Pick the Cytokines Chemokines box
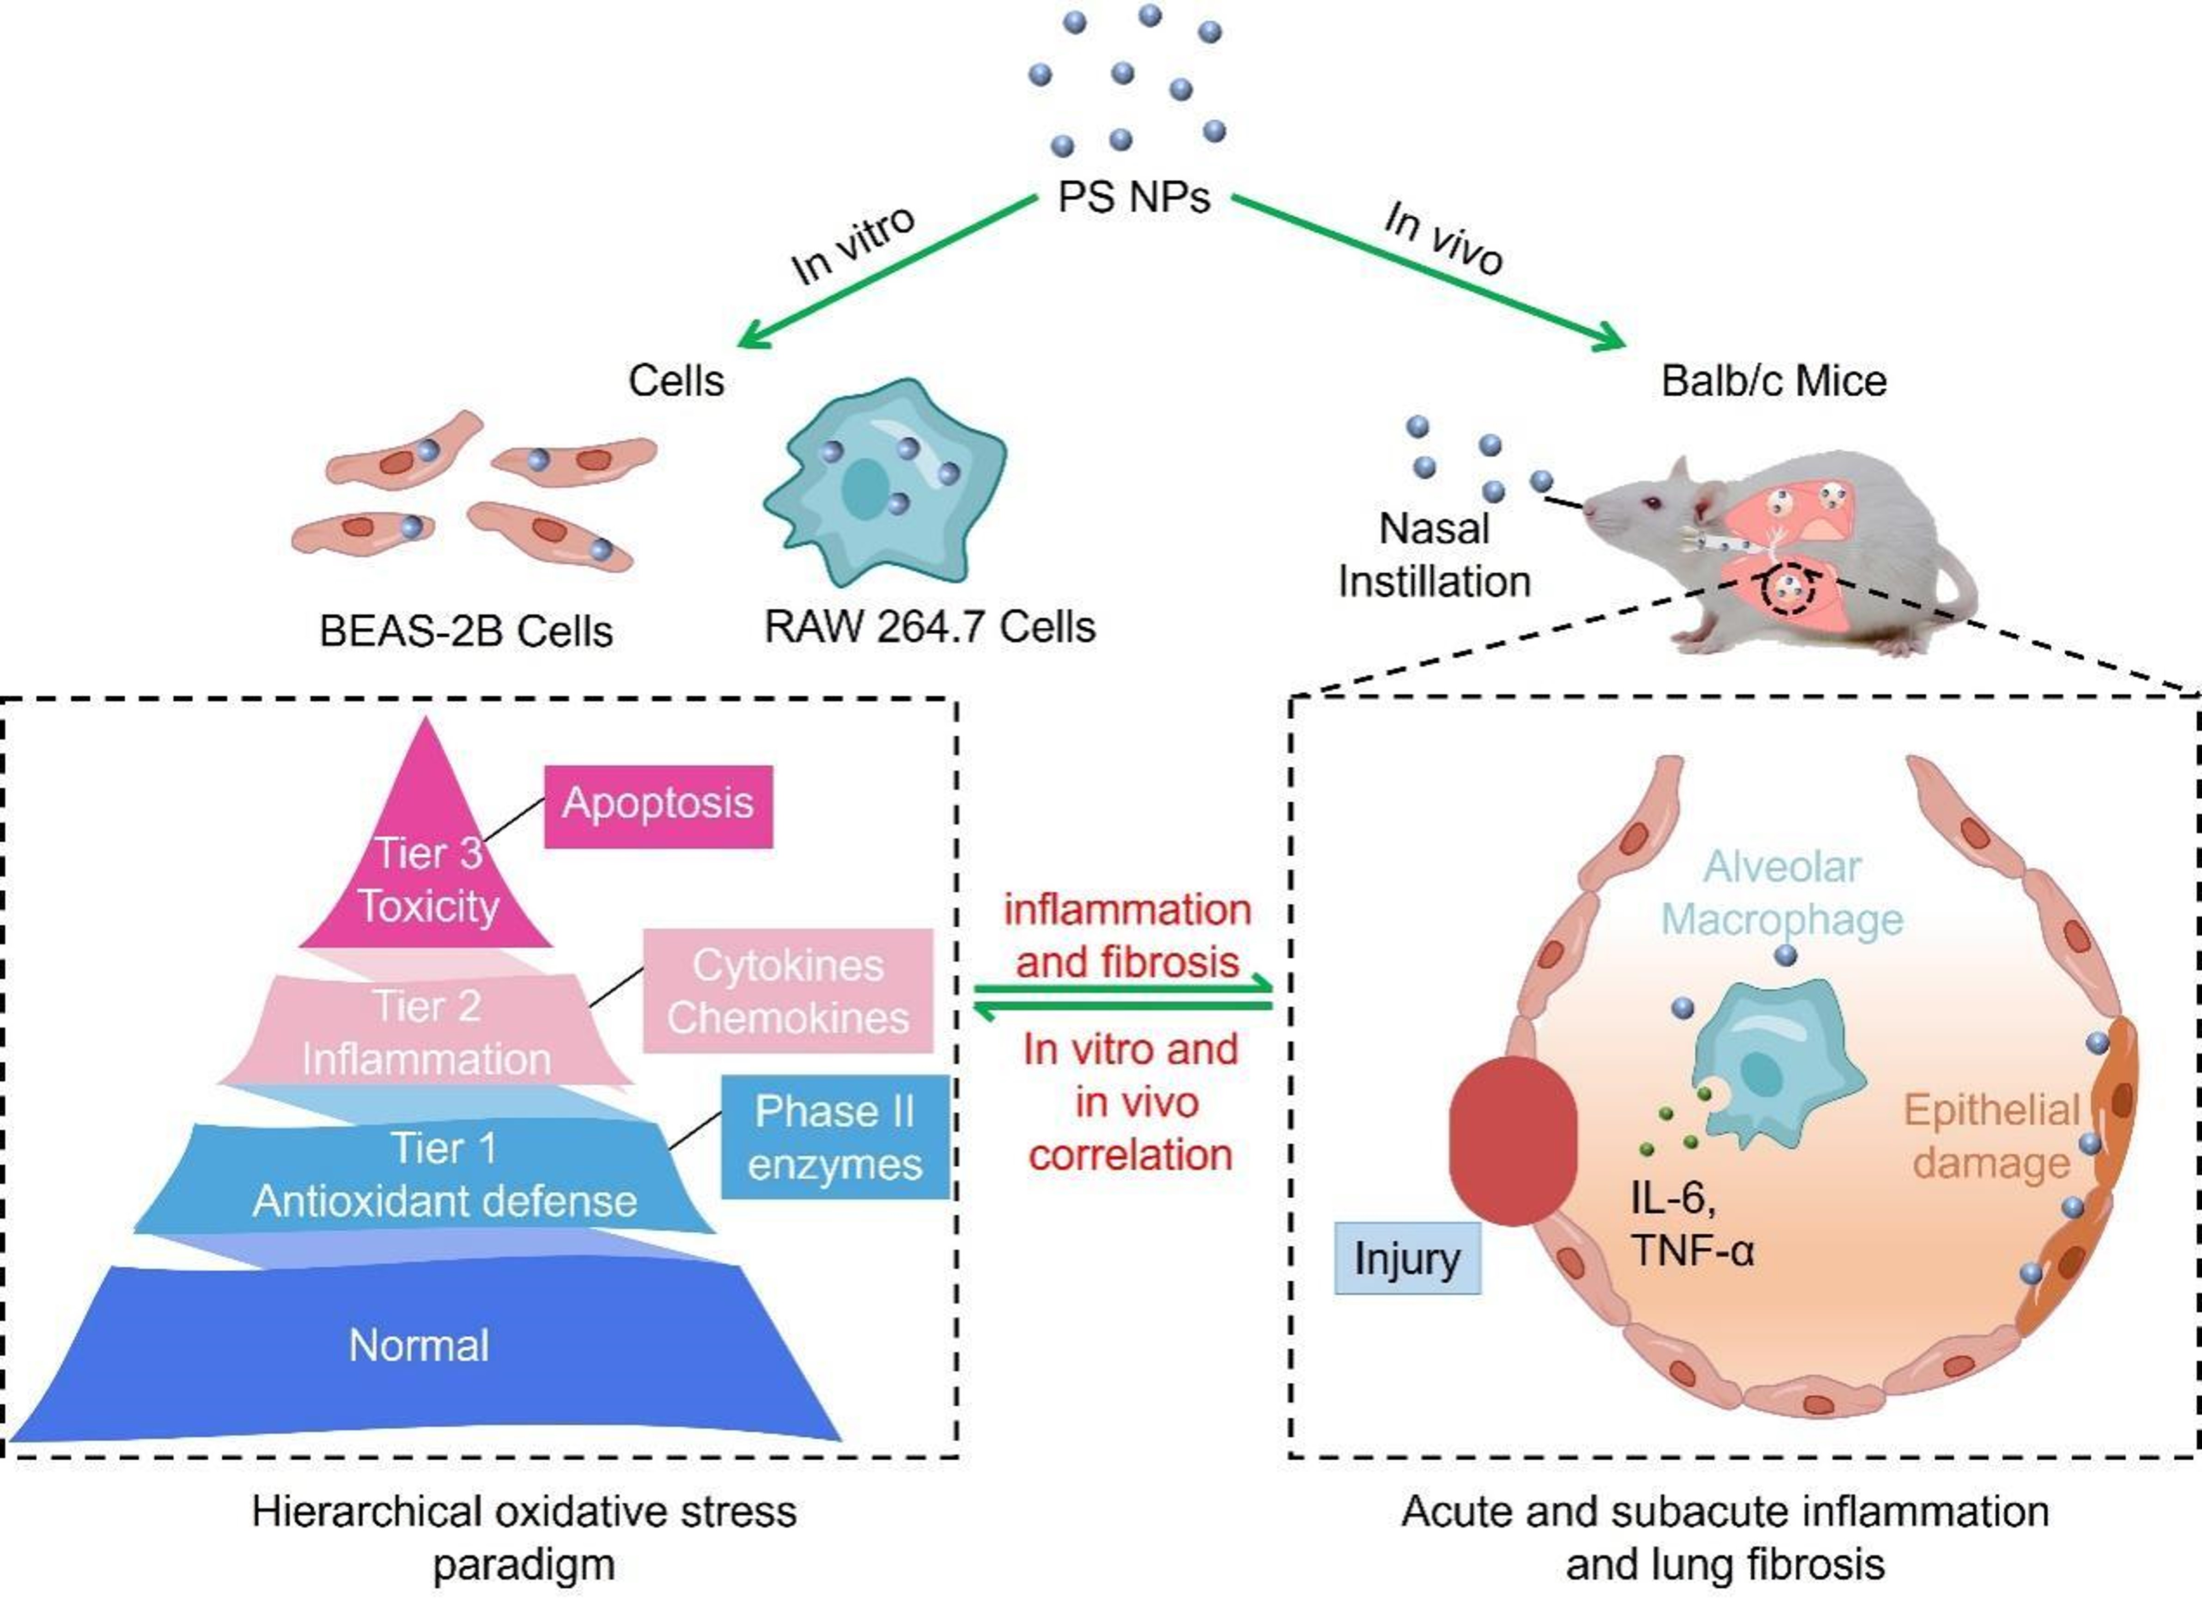tap(787, 991)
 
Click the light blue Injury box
tap(1407, 1258)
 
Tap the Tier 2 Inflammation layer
tap(426, 1032)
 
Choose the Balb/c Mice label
tap(1773, 380)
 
